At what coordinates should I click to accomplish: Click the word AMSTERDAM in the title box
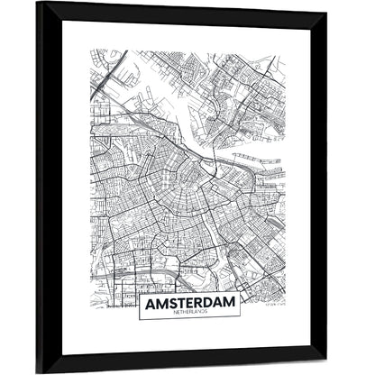188,303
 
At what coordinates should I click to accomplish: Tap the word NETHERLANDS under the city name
188,314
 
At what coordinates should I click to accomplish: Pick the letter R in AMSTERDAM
201,303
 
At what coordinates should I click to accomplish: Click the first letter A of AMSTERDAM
146,303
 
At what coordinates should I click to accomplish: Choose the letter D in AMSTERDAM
211,303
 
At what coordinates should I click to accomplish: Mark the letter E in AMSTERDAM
190,303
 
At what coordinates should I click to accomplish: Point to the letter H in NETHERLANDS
180,314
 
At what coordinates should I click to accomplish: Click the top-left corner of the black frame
38,3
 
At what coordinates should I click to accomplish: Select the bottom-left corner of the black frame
38,371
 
